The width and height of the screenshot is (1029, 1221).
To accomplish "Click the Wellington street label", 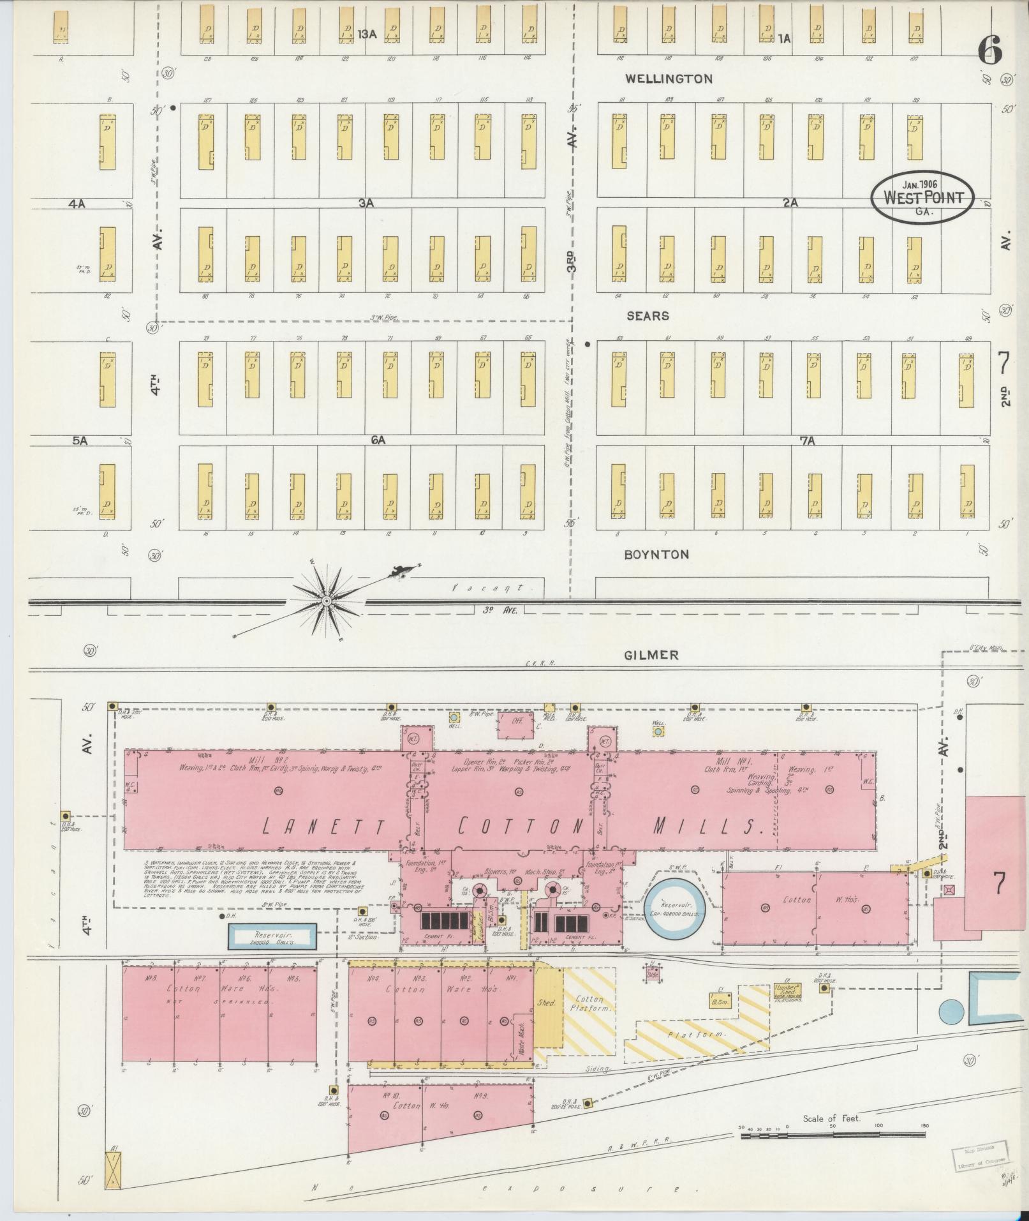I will pos(669,79).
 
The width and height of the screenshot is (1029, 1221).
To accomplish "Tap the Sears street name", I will pos(648,316).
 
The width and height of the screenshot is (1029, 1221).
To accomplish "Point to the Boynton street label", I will pos(656,554).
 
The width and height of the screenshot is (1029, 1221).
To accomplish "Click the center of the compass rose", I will pos(326,601).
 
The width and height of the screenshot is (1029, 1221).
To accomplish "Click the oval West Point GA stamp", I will pos(922,197).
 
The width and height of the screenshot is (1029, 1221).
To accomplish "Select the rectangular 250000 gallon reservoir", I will pos(273,937).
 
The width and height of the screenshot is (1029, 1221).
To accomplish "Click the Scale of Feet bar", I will pos(832,1134).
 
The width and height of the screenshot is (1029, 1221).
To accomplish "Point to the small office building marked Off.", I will pos(517,722).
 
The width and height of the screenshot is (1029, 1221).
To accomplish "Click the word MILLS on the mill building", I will pos(708,827).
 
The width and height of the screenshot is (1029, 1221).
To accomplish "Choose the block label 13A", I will pos(367,34).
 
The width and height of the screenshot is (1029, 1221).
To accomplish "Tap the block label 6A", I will pos(378,440).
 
